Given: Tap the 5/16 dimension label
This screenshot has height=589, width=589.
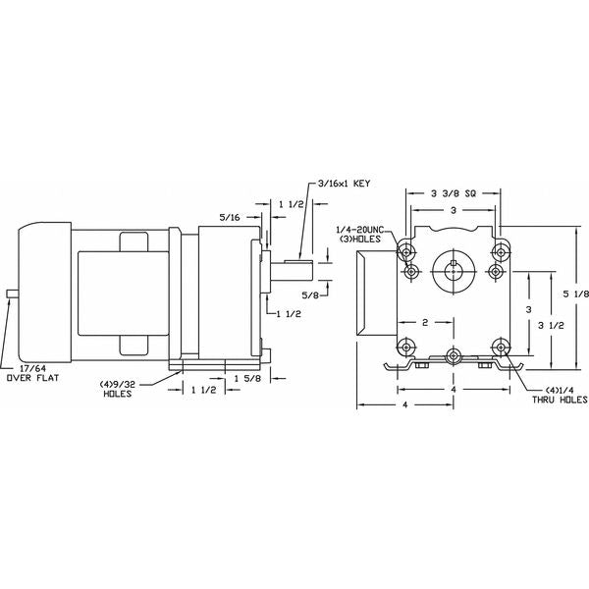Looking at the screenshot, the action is (230, 217).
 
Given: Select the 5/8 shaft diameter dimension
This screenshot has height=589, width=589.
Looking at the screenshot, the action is (310, 295).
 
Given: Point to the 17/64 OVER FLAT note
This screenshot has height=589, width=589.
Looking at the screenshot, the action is (33, 373).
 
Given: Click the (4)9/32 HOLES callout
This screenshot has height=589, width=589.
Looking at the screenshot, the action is (117, 389).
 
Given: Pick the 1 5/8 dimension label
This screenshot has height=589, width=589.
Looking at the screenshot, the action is (247, 378).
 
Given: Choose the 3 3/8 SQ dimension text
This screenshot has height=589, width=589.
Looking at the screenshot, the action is (453, 193).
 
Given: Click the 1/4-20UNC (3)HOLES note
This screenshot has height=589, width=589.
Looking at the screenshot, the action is (360, 235).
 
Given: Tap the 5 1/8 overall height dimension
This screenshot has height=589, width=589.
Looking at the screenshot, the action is (576, 294).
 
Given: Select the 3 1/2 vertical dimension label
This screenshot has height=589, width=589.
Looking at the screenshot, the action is (551, 326).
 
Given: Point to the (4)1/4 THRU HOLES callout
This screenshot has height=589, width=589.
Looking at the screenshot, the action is (560, 395).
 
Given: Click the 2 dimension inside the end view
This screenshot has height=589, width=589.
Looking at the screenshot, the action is (425, 322).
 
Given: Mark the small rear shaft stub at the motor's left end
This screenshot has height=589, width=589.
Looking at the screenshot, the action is (13, 294).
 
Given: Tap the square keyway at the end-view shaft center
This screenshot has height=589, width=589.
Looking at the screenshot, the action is (454, 262).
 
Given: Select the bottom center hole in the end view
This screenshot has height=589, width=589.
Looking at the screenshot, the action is (454, 355).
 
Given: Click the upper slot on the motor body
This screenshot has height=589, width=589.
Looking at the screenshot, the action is (134, 241).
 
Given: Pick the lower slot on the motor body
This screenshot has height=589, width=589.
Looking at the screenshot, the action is (134, 346).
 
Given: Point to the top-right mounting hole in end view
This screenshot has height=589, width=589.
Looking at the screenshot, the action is (501, 251).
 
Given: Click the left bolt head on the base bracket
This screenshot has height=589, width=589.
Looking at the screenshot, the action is (420, 365).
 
